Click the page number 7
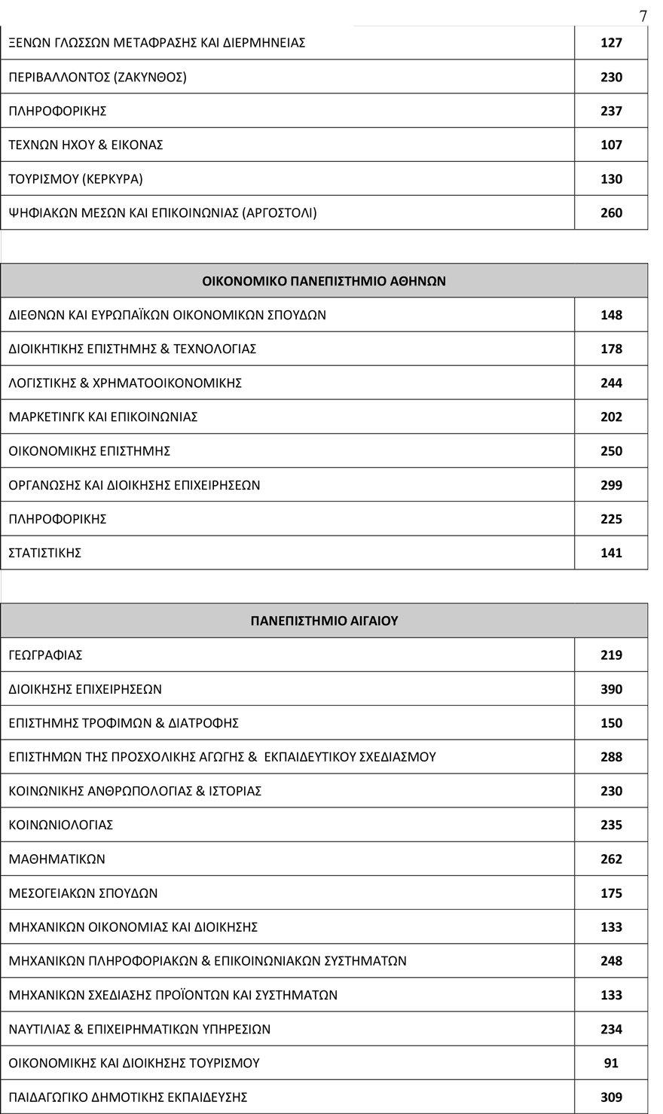643,16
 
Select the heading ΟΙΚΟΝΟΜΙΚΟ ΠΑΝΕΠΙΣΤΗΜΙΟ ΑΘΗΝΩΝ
324,281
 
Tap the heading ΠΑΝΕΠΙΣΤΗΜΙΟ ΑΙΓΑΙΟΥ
324,621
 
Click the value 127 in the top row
611,43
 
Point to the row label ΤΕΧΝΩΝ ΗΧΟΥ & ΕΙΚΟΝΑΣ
86,145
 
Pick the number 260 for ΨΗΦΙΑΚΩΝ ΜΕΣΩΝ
611,213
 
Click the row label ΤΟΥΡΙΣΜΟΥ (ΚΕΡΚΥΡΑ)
75,179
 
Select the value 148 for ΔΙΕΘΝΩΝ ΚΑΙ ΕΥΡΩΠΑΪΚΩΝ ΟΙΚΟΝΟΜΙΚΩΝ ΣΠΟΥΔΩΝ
611,315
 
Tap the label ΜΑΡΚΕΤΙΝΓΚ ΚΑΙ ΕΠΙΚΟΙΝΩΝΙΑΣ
103,417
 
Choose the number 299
611,485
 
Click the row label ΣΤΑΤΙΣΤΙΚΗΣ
45,553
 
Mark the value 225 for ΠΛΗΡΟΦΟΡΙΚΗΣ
611,519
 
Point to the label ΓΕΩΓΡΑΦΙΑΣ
45,655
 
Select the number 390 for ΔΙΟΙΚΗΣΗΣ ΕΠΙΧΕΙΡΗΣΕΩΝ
611,689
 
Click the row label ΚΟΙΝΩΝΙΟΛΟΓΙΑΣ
61,825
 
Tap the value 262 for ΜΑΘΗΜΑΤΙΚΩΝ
611,859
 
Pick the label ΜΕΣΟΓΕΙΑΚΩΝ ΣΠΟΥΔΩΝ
83,893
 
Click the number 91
611,1063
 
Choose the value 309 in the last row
611,1097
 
